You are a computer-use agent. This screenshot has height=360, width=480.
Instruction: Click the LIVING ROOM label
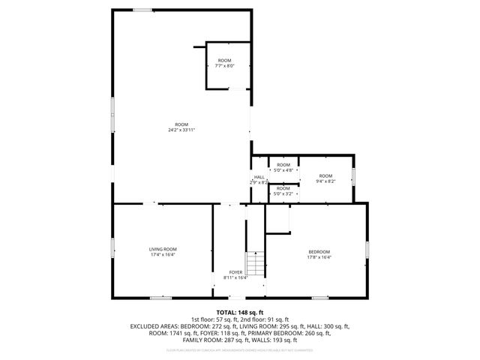pos(162,249)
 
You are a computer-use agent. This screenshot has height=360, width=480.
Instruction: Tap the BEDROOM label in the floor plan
pos(319,251)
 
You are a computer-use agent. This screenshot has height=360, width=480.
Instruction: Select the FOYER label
pos(235,272)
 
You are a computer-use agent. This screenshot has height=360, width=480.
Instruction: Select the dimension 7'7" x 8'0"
pos(225,66)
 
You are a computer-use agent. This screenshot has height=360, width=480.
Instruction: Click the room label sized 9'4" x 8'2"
pos(325,175)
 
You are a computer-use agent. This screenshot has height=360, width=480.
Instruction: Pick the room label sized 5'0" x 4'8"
pos(283,164)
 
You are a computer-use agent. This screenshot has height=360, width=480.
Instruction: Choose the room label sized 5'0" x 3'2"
pos(283,188)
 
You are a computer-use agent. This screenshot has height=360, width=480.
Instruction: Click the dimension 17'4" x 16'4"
pos(162,255)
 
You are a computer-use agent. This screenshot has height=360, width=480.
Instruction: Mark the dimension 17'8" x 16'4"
pos(319,257)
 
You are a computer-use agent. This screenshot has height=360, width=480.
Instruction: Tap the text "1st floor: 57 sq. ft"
pos(215,320)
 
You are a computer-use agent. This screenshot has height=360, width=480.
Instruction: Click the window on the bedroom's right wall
pos(367,249)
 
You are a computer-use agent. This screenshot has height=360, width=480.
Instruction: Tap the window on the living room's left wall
pos(112,247)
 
